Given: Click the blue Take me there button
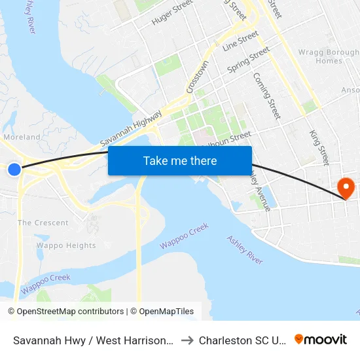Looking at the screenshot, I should click(x=180, y=160).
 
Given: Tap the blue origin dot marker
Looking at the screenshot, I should click(x=14, y=170).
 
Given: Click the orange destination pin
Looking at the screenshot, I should click(x=345, y=189).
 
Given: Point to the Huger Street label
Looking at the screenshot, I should click(x=172, y=12).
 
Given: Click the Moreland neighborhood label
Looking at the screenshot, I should click(x=22, y=137).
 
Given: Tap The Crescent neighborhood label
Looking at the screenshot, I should click(x=43, y=223).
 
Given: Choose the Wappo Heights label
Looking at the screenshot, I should click(x=66, y=245).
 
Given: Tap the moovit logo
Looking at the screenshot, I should click(x=321, y=339).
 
